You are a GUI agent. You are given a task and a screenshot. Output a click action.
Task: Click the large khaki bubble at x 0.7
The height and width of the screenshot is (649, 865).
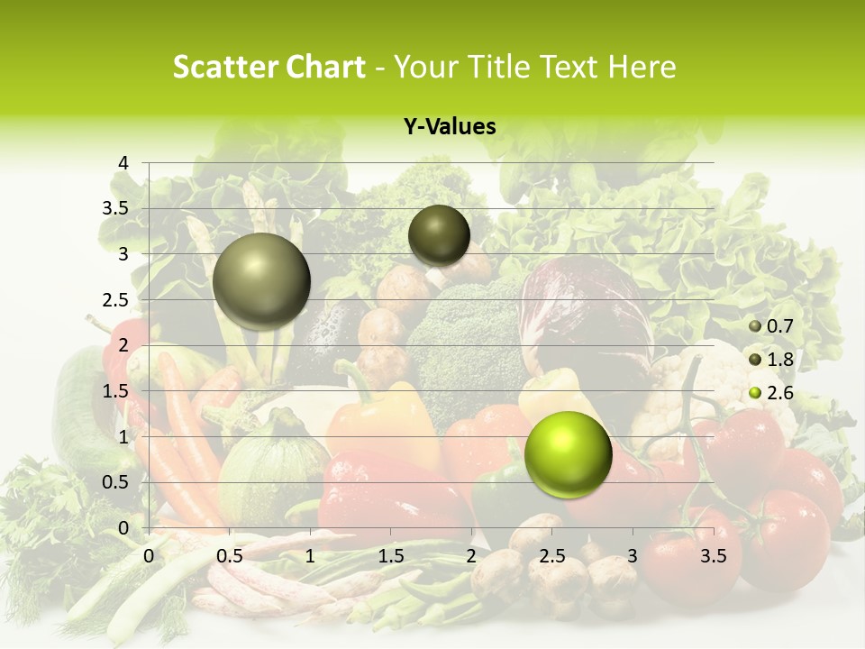pyautogui.click(x=261, y=281)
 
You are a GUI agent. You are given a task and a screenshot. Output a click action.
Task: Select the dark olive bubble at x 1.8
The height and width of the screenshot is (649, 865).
pyautogui.click(x=439, y=235)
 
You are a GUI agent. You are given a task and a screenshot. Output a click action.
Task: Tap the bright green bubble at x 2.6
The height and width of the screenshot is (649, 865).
pyautogui.click(x=568, y=454)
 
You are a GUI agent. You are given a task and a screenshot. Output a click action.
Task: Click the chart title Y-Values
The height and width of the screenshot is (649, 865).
pyautogui.click(x=450, y=127)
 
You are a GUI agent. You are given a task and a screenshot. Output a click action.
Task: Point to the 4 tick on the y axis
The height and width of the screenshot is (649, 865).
pyautogui.click(x=123, y=163)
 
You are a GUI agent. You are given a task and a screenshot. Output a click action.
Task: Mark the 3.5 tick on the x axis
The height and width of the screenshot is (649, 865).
pyautogui.click(x=713, y=556)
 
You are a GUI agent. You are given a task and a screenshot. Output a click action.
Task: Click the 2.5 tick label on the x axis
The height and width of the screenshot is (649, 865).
pyautogui.click(x=551, y=556)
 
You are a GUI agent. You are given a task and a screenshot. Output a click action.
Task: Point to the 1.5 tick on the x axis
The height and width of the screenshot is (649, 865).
pyautogui.click(x=390, y=556)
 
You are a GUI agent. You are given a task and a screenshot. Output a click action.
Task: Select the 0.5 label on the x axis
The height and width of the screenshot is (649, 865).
pyautogui.click(x=229, y=556)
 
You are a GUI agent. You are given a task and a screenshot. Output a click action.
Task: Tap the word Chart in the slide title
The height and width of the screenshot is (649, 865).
pyautogui.click(x=323, y=67)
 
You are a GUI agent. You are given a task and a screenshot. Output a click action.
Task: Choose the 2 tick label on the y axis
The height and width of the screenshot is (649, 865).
pyautogui.click(x=123, y=345)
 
